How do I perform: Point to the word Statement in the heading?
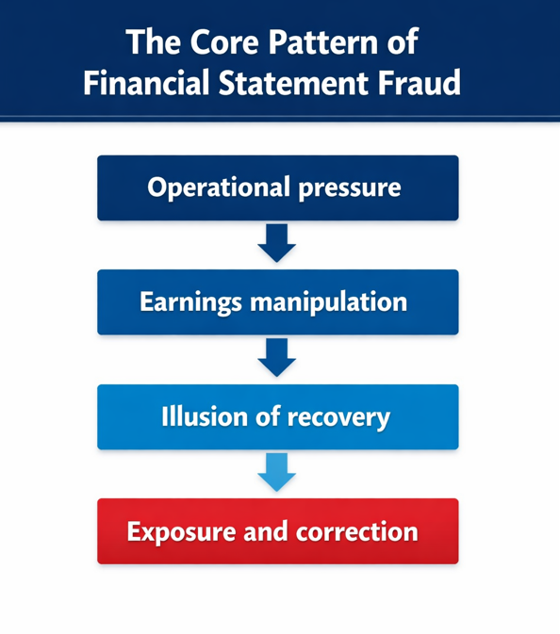288,83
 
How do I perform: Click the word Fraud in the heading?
420,83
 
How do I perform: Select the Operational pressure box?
277,188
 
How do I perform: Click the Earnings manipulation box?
277,302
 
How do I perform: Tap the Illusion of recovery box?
277,416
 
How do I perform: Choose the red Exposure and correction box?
277,531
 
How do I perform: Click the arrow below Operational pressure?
277,244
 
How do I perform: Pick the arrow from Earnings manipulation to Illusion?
277,358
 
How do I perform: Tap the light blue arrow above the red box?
277,472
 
